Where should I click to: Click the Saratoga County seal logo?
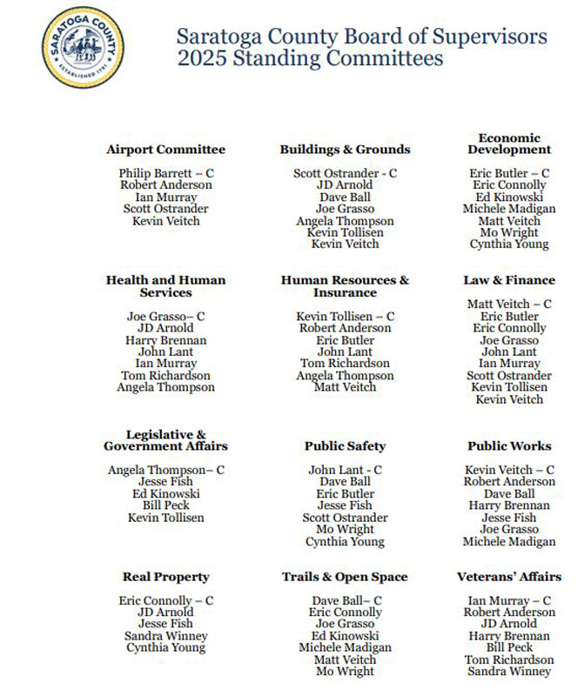[x=83, y=43]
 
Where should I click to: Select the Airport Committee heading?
[x=165, y=150]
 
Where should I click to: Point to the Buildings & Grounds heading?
[x=345, y=150]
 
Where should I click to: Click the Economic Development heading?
[x=509, y=144]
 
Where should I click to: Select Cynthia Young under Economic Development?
[x=509, y=244]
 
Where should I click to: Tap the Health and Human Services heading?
[x=165, y=286]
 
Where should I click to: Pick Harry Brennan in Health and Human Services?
[x=165, y=340]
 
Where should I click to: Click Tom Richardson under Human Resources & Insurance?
[x=345, y=364]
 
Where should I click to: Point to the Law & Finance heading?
[x=509, y=280]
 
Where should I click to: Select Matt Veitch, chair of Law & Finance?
[x=501, y=304]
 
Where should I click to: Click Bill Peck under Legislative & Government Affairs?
[x=165, y=505]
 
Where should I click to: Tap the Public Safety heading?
[x=345, y=446]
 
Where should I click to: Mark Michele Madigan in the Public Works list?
[x=509, y=541]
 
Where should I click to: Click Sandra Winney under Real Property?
[x=165, y=636]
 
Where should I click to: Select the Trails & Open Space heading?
[x=345, y=577]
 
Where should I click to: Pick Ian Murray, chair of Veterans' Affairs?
[x=500, y=600]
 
